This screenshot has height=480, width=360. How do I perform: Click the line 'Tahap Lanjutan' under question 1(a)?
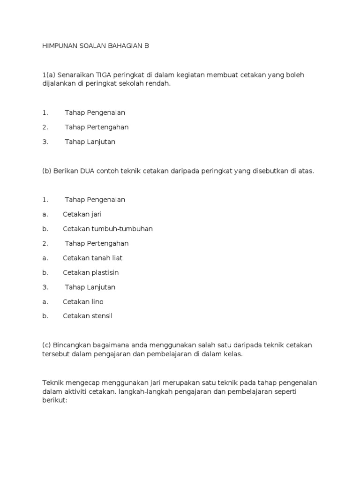coord(90,142)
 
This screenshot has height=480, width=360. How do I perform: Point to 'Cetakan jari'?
coord(82,214)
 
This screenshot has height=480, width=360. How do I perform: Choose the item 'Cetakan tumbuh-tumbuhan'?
coord(108,229)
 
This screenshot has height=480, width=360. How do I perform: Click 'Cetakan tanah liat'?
coord(92,258)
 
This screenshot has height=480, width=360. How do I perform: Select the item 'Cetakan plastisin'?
coord(90,272)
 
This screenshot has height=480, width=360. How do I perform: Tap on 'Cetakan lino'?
coord(83,301)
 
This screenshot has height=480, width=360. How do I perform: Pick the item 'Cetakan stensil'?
coord(88,316)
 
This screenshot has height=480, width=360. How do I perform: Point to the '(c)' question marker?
coord(46,345)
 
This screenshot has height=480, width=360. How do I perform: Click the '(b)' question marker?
coord(46,171)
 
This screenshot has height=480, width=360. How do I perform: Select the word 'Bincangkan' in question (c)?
coord(72,345)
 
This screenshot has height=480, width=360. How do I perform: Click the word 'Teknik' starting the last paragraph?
coord(52,382)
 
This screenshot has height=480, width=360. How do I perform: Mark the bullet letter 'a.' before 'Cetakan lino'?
coord(45,301)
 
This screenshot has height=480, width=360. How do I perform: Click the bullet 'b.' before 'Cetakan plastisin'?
coord(45,272)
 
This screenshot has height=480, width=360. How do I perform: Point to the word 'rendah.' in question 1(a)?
coord(160,84)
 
